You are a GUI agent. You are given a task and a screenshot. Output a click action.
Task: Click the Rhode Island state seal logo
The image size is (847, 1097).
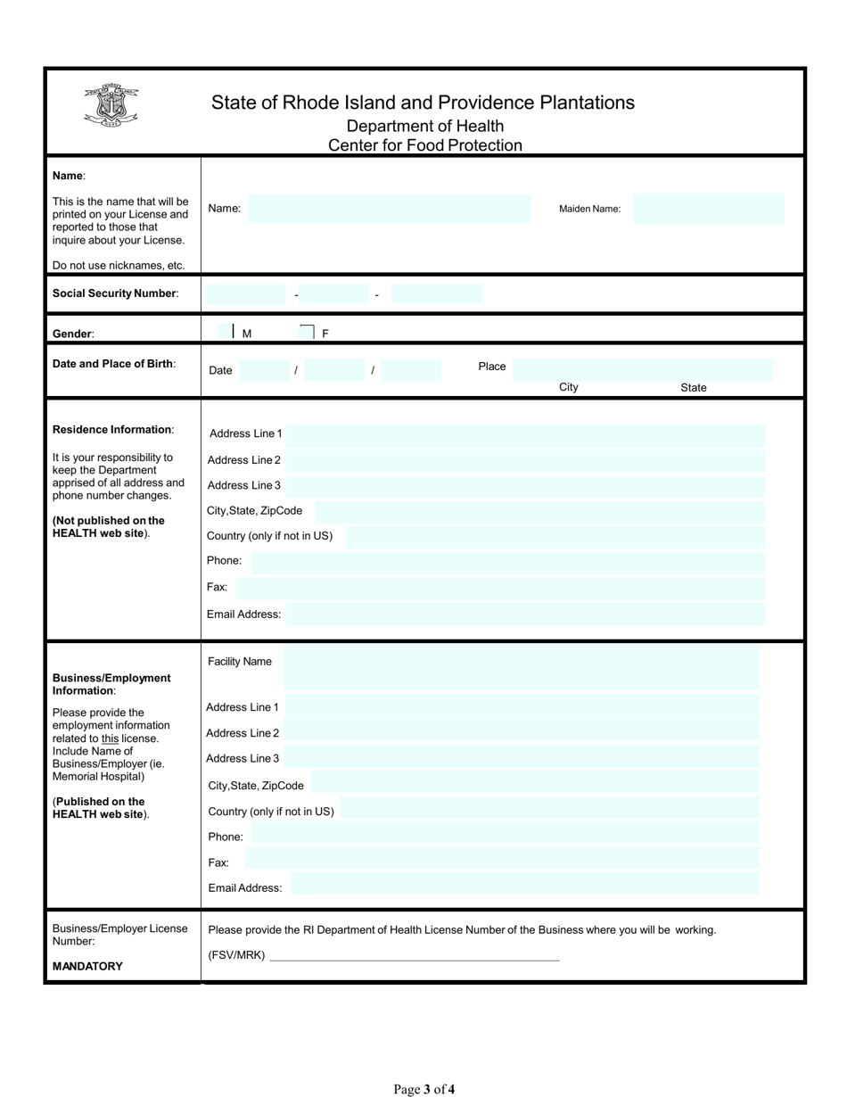point(111,105)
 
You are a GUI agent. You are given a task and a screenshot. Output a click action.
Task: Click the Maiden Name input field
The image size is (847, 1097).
point(709,209)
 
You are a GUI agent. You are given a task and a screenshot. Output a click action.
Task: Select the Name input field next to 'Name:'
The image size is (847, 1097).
point(389,209)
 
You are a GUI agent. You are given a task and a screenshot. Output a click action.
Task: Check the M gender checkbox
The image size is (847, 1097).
point(226,332)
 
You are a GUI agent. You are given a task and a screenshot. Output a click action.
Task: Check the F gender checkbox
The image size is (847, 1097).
point(307,332)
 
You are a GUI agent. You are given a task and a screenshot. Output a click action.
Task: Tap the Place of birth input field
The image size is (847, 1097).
point(641,369)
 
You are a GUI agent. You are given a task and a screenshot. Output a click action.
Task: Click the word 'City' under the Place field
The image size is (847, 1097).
point(568,387)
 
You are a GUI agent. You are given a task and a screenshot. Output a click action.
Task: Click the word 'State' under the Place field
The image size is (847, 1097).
point(693,388)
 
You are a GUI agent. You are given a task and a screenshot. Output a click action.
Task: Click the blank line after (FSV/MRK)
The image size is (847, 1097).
point(414,956)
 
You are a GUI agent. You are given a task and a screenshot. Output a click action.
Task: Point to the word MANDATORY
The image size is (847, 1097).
point(87,966)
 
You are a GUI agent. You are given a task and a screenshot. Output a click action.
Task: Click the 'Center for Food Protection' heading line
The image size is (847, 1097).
point(424,145)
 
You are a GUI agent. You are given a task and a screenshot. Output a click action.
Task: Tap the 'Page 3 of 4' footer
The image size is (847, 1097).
point(424,1088)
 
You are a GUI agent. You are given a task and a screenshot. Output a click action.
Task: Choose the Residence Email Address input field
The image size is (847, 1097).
point(524,614)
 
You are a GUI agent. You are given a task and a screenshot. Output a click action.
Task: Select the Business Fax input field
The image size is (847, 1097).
point(501,859)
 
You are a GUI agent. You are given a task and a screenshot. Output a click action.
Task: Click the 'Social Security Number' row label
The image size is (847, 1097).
point(115,293)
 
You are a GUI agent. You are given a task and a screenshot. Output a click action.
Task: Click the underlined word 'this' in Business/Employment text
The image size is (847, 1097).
point(110,738)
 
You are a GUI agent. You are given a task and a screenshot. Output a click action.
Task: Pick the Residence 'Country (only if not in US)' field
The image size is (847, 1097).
point(554,537)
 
